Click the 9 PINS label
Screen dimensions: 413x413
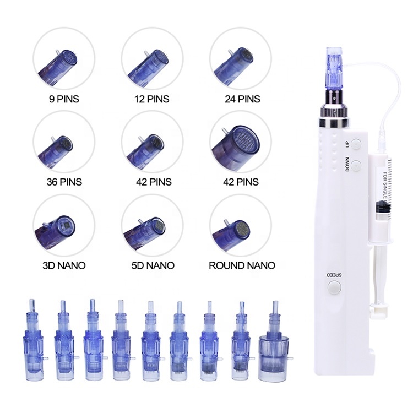tap(64, 100)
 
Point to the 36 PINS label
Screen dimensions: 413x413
tap(64, 182)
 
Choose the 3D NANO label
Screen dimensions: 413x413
tap(64, 265)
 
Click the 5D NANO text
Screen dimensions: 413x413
tap(153, 265)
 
